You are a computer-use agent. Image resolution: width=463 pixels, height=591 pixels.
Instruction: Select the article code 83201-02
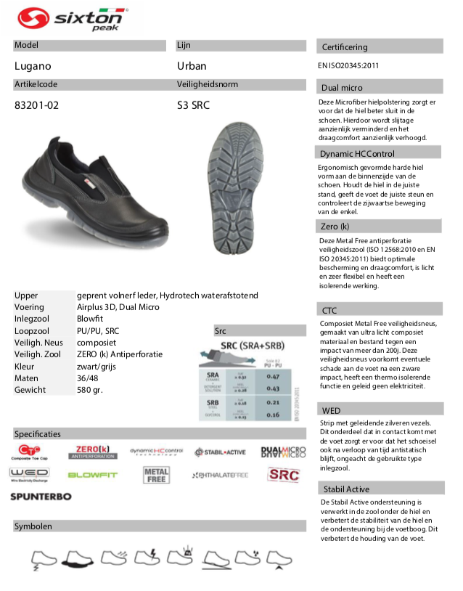pyautogui.click(x=37, y=105)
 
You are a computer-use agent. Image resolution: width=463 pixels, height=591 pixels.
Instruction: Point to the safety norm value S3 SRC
pyautogui.click(x=193, y=105)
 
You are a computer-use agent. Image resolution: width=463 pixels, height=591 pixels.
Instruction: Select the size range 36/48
pyautogui.click(x=88, y=378)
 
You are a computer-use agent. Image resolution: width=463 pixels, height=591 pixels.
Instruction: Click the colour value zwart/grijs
pyautogui.click(x=96, y=367)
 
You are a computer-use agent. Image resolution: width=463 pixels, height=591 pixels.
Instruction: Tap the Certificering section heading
pyautogui.click(x=345, y=47)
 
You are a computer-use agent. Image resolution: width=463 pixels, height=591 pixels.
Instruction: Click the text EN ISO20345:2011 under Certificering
pyautogui.click(x=348, y=65)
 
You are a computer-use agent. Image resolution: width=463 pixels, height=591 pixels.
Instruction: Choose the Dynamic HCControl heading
pyautogui.click(x=357, y=153)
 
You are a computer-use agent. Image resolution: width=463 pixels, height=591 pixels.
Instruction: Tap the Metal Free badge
pyautogui.click(x=157, y=475)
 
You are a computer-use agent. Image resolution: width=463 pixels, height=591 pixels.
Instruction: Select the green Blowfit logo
pyautogui.click(x=91, y=475)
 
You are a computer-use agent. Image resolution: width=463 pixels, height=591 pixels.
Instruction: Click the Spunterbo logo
pyautogui.click(x=41, y=496)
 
